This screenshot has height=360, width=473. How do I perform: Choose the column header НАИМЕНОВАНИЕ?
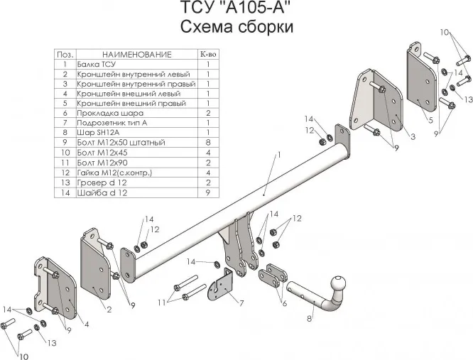point(137,54)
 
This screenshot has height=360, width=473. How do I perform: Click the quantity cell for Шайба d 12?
point(207,192)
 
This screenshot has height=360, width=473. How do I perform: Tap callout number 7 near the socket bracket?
point(242,303)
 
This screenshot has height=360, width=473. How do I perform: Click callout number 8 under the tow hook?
point(310,320)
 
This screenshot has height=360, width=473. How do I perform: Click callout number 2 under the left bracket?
point(109,310)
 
